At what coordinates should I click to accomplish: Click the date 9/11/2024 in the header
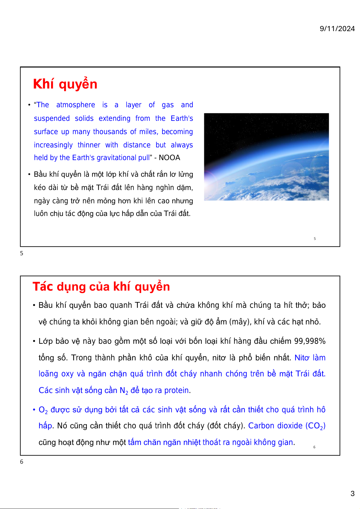coord(337,29)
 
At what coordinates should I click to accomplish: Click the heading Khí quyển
coord(65,84)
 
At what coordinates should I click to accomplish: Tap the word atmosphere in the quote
coord(76,105)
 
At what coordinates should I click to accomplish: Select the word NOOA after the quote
coord(169,158)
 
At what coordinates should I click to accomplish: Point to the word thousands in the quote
coord(110,132)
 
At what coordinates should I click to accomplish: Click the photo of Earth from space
coord(266,156)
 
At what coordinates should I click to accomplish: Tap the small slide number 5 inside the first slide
coord(315,239)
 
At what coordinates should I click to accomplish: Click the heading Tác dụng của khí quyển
coord(101,286)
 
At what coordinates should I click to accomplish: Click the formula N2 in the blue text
coord(124,391)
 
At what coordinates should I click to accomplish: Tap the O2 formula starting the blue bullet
coord(43,410)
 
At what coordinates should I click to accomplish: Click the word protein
coord(177,390)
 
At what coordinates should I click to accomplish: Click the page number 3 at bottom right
coord(352,494)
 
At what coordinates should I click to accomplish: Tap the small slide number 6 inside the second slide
coord(314,447)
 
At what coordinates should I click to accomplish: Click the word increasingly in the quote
coord(53,145)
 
